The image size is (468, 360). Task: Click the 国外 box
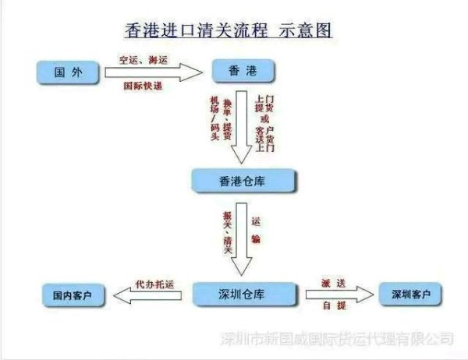pos(68,73)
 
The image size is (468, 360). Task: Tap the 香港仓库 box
pos(245,182)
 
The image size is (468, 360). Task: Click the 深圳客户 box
pos(409,294)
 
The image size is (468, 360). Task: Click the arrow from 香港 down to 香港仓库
pos(243,125)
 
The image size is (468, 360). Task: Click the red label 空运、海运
pos(144,59)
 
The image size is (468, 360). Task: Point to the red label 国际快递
pos(144,86)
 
